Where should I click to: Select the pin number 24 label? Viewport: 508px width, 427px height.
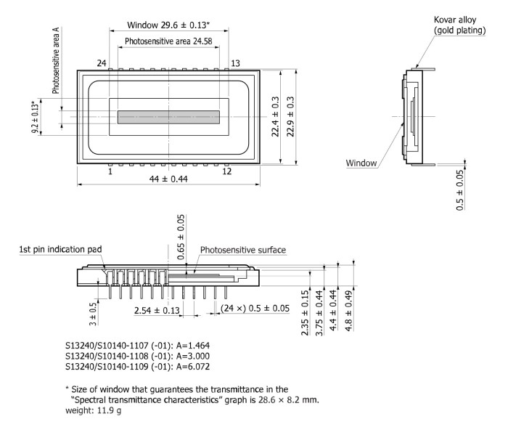pos(102,64)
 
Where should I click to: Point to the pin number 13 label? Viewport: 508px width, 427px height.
pos(235,64)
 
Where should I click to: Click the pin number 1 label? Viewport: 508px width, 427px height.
pos(110,171)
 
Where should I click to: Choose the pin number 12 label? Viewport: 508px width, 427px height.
pos(227,171)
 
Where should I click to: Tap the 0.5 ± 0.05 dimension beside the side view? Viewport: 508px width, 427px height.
pos(459,190)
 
